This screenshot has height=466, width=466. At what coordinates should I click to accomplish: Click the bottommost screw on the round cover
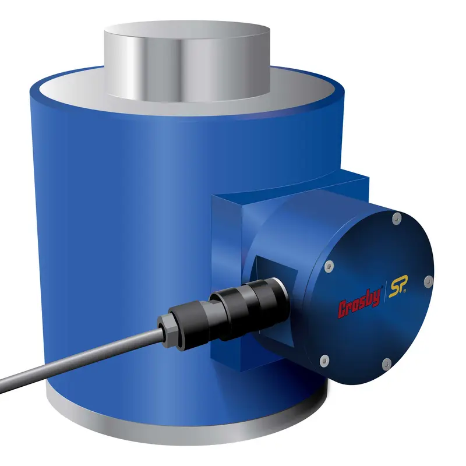(x=385, y=365)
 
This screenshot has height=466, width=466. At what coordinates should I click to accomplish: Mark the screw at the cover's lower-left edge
(x=325, y=358)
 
